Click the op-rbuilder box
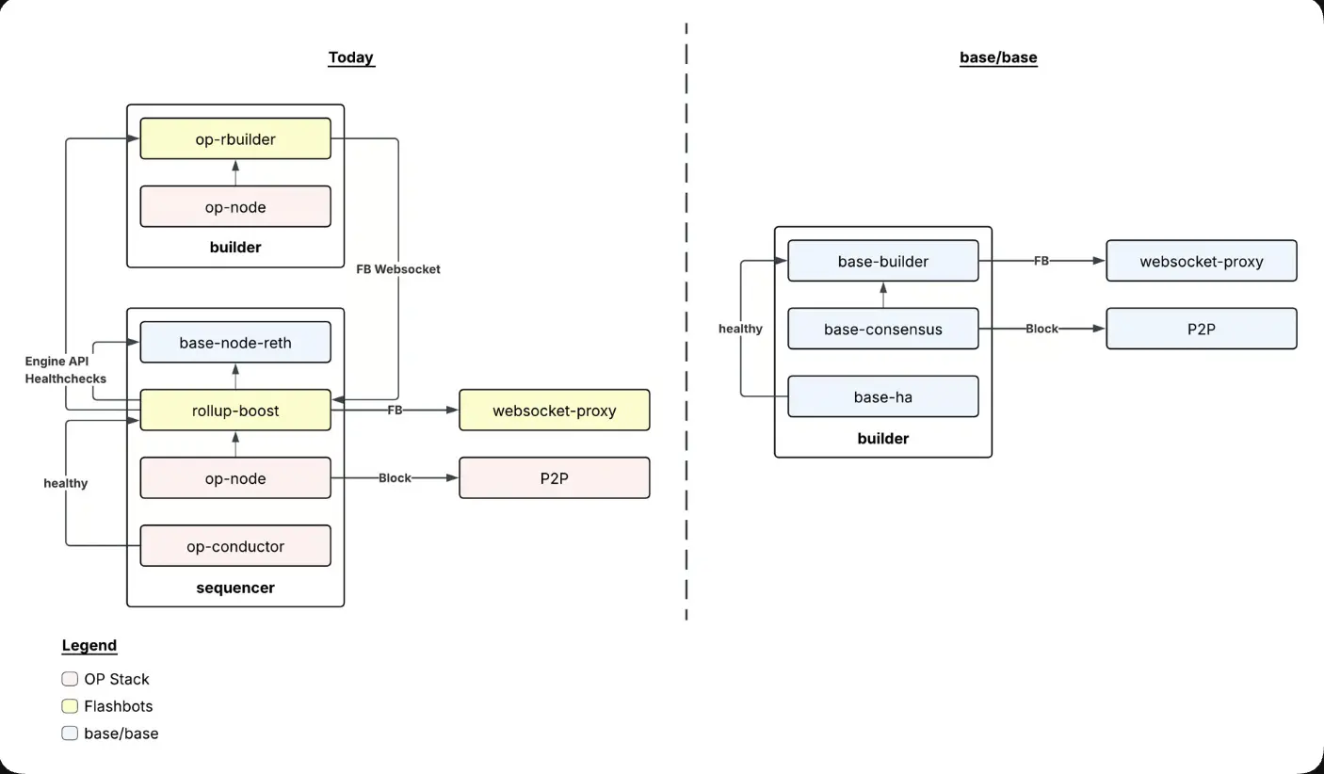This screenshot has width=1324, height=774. (x=235, y=138)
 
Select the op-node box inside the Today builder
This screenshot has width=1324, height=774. (x=235, y=207)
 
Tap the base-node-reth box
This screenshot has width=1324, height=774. (x=235, y=343)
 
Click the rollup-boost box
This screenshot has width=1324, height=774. (x=235, y=411)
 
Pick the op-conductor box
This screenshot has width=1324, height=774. (x=235, y=546)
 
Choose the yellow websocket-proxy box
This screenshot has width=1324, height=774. (x=554, y=411)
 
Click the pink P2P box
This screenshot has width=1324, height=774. (x=554, y=478)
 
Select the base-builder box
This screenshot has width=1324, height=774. (x=882, y=261)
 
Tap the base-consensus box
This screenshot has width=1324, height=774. (x=882, y=329)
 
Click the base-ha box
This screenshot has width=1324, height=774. (x=882, y=396)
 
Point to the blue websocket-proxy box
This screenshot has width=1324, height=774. (x=1201, y=261)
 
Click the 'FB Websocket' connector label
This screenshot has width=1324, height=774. (x=397, y=269)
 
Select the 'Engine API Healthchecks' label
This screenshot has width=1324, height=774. (x=65, y=370)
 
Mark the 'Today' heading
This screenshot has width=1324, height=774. (x=350, y=57)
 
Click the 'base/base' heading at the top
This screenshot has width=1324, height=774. (x=998, y=57)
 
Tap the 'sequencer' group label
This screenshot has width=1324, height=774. (x=235, y=588)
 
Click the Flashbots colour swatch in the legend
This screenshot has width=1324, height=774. (x=70, y=706)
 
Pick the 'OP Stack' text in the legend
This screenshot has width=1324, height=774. (x=117, y=679)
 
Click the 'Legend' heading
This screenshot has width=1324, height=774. (x=89, y=645)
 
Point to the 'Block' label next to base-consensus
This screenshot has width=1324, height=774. (x=1041, y=329)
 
